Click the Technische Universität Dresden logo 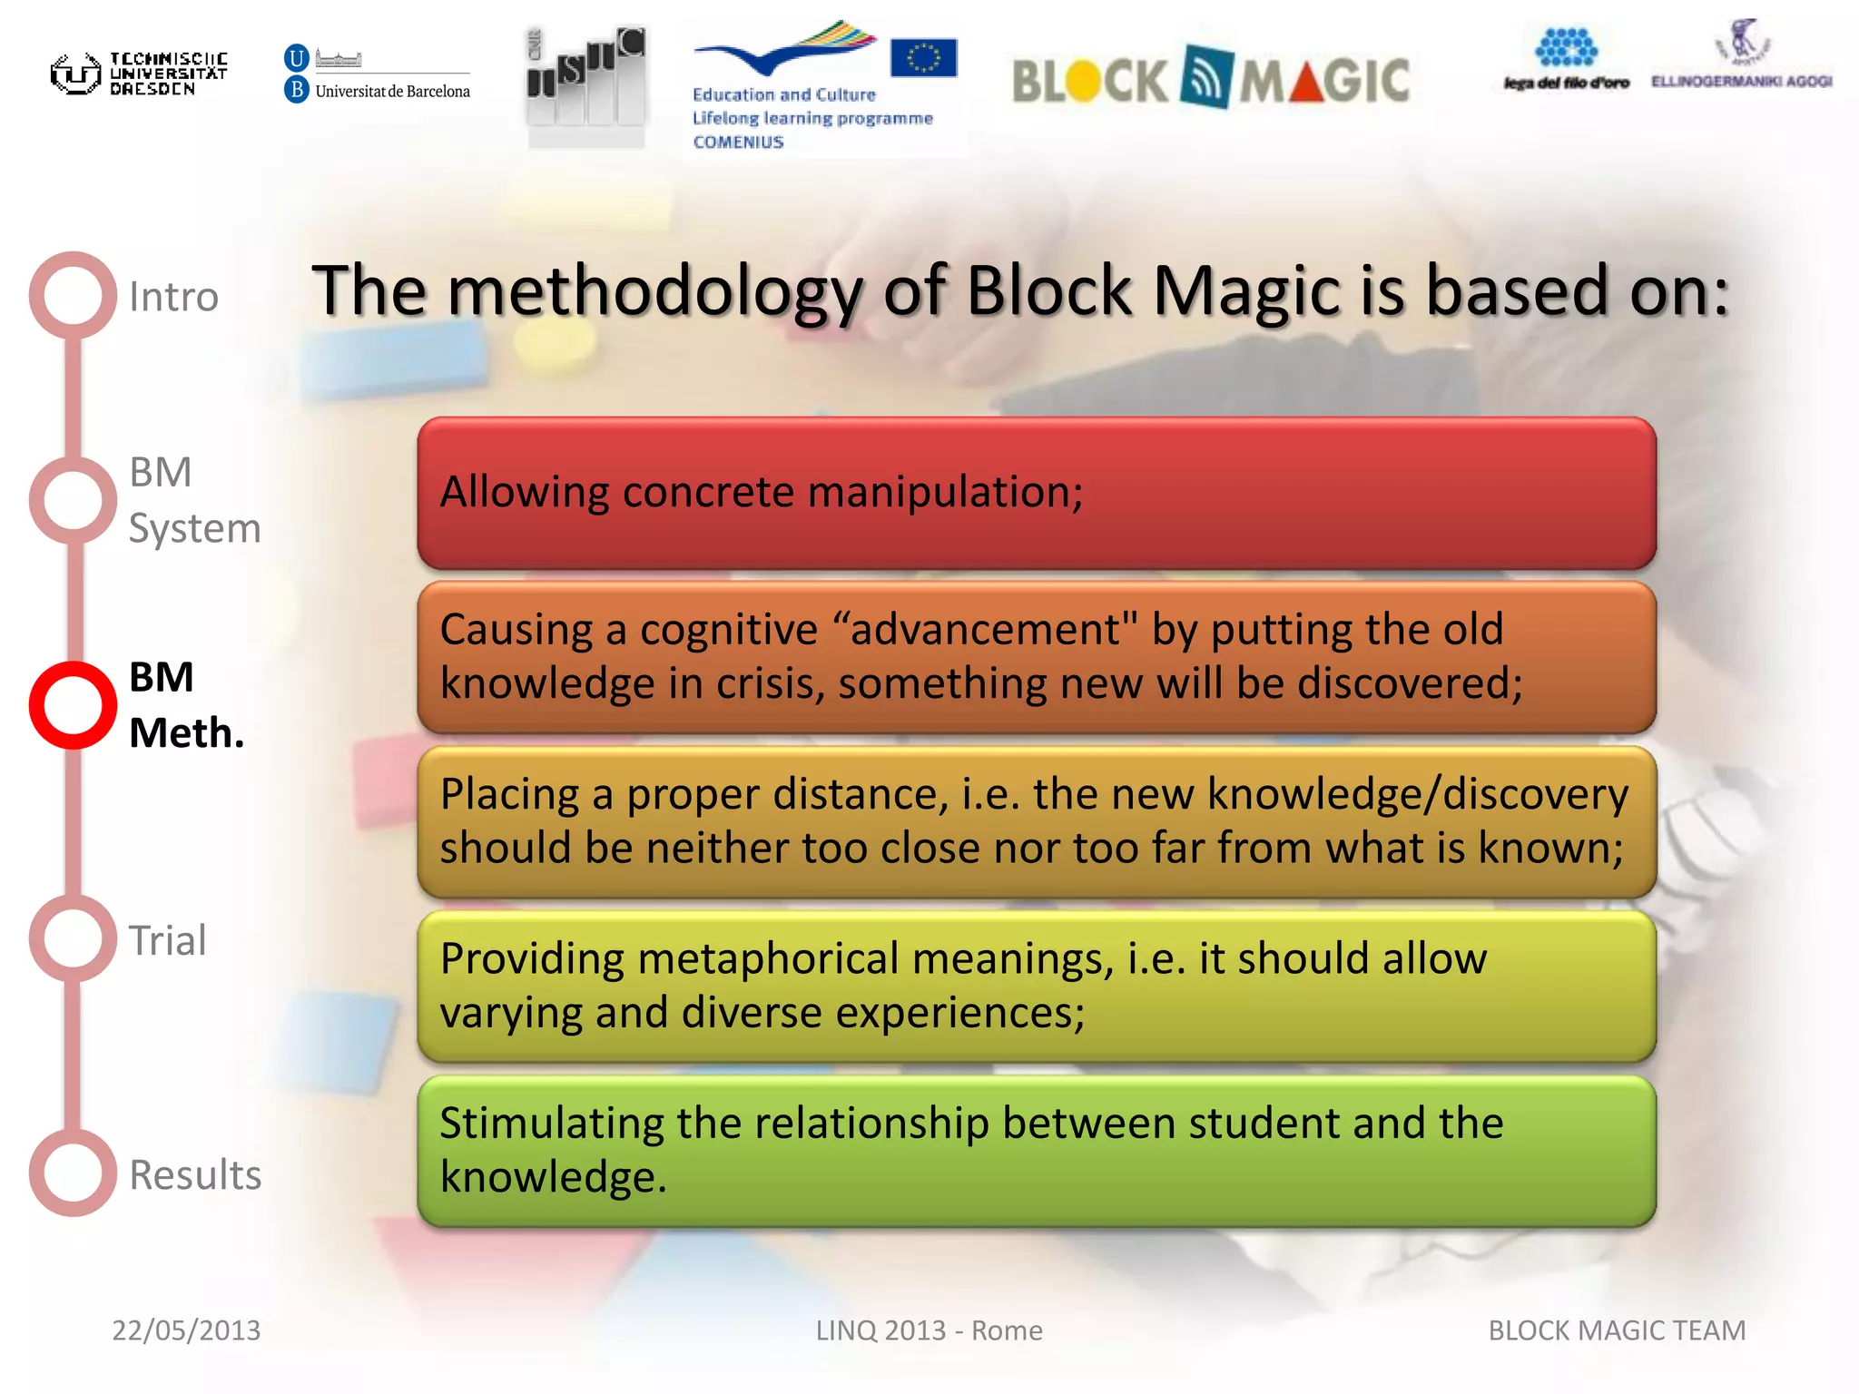pyautogui.click(x=138, y=74)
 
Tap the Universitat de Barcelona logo pyautogui.click(x=378, y=74)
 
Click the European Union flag pyautogui.click(x=923, y=58)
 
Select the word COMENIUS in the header pyautogui.click(x=738, y=142)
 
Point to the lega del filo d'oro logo pyautogui.click(x=1566, y=60)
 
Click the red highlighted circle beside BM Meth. pyautogui.click(x=73, y=705)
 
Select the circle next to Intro pyautogui.click(x=73, y=295)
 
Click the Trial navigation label pyautogui.click(x=168, y=940)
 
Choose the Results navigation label pyautogui.click(x=195, y=1174)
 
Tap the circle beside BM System pyautogui.click(x=73, y=500)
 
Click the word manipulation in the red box pyautogui.click(x=945, y=493)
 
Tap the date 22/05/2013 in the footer pyautogui.click(x=186, y=1330)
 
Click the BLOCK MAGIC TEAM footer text pyautogui.click(x=1617, y=1330)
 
